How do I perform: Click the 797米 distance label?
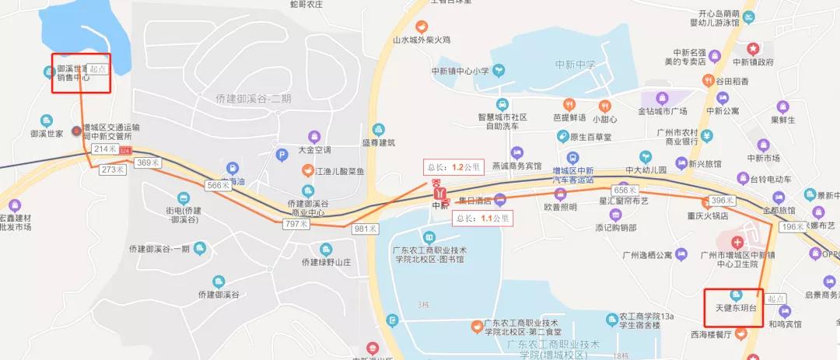click(x=296, y=224)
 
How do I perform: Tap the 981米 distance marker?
click(x=365, y=229)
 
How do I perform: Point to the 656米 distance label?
click(x=625, y=190)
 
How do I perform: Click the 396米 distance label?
click(x=723, y=200)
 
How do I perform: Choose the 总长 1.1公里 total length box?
click(x=485, y=218)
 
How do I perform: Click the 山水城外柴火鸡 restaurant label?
click(x=422, y=39)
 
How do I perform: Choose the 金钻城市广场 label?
click(x=663, y=110)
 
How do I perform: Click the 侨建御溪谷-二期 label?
click(x=254, y=99)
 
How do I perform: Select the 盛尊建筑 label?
click(x=379, y=142)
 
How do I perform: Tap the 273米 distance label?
click(x=114, y=169)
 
